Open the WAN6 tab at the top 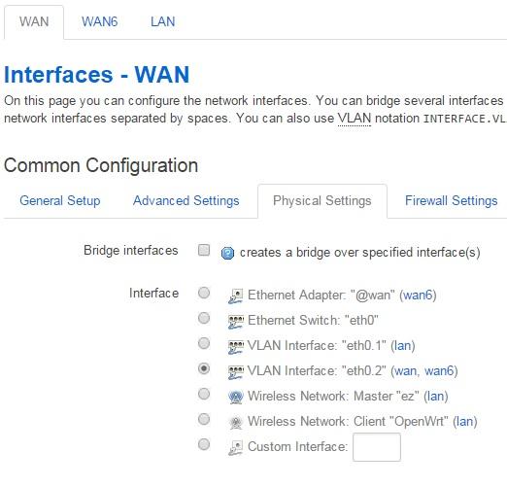pos(99,21)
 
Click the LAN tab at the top pos(162,21)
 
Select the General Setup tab pos(60,200)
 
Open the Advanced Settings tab pos(186,200)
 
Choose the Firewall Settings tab pos(452,200)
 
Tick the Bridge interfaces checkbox pos(204,250)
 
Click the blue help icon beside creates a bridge pos(227,253)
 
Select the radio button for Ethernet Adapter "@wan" pos(204,293)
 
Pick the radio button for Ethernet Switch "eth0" pos(204,318)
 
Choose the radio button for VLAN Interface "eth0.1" pos(204,343)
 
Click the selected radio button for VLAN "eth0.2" pos(204,368)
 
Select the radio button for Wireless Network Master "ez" pos(204,394)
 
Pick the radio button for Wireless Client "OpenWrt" pos(204,419)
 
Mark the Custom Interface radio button pos(204,444)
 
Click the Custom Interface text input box pos(377,447)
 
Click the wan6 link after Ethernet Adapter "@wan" pos(418,295)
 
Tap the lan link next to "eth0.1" pos(403,345)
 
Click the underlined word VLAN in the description pos(355,118)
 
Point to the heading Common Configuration pos(101,165)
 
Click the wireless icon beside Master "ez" pos(235,397)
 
